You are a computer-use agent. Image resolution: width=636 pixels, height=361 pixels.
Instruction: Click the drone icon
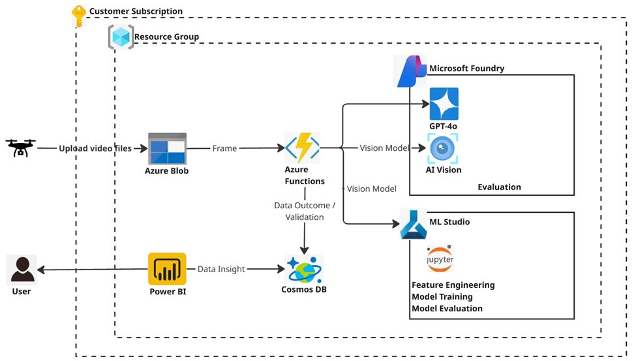coord(20,148)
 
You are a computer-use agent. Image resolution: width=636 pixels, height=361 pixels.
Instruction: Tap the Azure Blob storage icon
coord(167,148)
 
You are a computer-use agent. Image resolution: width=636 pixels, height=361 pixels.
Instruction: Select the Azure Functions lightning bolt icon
coord(303,149)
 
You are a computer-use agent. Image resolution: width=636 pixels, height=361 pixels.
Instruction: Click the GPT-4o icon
coord(444,103)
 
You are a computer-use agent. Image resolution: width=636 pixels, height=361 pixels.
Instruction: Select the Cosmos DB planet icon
coord(304,268)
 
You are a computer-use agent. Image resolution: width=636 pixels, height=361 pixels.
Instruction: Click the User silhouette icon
coord(22,270)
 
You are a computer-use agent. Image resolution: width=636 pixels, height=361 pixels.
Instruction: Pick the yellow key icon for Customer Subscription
coord(79,16)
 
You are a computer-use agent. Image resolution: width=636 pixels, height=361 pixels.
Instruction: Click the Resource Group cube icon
coord(121,37)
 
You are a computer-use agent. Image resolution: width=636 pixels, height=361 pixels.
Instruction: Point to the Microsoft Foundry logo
coord(410,71)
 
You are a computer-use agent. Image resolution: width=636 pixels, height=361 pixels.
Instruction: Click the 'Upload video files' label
coord(95,149)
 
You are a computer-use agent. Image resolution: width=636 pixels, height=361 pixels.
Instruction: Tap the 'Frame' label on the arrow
coord(224,149)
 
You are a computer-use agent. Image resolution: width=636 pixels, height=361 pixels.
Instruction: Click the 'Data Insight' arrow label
coord(222,269)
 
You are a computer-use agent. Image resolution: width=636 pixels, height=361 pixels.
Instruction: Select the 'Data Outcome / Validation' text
coord(304,211)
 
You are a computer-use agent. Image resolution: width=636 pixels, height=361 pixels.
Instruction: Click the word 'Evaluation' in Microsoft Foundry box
coord(499,187)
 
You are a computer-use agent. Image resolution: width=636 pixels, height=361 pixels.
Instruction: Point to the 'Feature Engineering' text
coord(453,285)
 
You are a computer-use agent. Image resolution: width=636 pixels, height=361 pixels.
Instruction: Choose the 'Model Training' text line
coord(442,296)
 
